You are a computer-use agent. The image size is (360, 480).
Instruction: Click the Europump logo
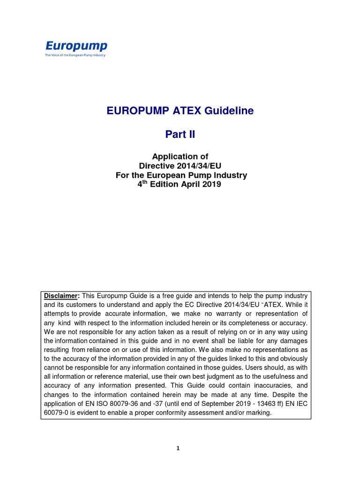(x=76, y=46)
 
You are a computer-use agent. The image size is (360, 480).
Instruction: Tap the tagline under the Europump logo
(x=75, y=55)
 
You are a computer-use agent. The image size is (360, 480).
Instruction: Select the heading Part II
(x=180, y=135)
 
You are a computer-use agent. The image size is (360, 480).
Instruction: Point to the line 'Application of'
(x=181, y=157)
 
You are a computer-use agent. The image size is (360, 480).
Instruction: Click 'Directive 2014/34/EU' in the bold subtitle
(x=181, y=166)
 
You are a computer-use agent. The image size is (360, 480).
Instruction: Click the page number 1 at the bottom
(x=178, y=449)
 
